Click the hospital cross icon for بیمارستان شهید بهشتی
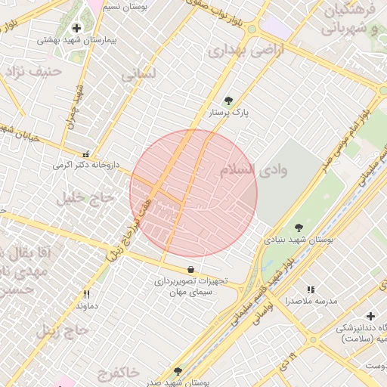click(76, 28)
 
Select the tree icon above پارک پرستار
click(228, 100)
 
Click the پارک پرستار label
click(229, 112)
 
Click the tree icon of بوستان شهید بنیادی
click(299, 227)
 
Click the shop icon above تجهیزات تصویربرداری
click(190, 269)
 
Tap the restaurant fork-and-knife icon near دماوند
click(87, 294)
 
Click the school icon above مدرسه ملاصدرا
click(310, 289)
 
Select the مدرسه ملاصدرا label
click(311, 301)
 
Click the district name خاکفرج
click(119, 373)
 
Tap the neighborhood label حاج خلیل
click(84, 197)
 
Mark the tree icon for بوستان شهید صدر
click(178, 372)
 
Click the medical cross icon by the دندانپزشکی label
click(370, 316)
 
